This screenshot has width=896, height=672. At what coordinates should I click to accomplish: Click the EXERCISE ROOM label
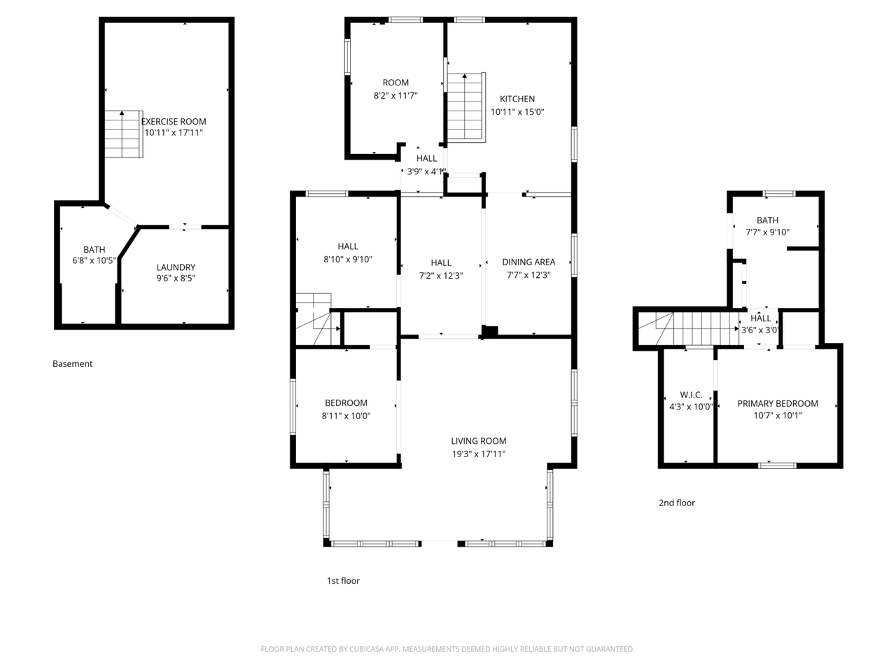point(174,122)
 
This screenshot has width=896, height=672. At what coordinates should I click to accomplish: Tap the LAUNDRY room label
point(176,267)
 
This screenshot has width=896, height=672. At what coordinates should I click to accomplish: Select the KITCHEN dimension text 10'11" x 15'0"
point(517,112)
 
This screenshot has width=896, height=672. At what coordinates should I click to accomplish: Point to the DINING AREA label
point(528,262)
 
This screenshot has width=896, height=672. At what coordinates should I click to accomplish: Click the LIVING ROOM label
point(478,441)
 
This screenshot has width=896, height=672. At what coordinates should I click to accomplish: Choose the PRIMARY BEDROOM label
point(778,403)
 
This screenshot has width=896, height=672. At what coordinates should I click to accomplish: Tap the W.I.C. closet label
point(691,395)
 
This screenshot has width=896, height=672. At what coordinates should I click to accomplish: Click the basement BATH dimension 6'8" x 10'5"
point(94,260)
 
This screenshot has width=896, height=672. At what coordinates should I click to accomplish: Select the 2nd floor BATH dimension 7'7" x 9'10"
point(767,232)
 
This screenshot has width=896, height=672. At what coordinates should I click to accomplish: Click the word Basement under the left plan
point(72,363)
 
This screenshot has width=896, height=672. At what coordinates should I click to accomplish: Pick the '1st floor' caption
point(343,580)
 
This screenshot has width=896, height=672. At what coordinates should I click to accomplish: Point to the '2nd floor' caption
point(676,503)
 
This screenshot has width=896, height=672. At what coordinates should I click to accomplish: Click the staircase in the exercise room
point(124,134)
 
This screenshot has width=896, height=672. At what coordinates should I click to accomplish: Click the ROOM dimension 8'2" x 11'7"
point(395,95)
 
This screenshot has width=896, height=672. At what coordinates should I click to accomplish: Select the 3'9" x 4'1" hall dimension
point(426,171)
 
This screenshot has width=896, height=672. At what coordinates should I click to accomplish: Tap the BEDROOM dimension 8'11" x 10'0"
point(346,416)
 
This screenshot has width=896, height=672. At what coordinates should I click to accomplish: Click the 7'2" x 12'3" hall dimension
point(441,275)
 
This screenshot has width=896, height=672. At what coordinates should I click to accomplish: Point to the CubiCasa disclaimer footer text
point(447,649)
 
